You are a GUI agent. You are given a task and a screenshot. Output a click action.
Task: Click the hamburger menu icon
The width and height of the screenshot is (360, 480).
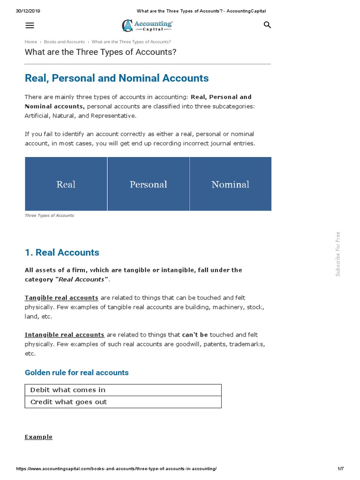click(x=30, y=25)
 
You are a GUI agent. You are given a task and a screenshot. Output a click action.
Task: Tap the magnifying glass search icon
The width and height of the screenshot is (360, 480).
click(x=267, y=25)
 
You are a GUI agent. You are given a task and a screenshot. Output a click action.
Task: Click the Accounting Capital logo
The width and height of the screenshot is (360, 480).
click(x=148, y=25)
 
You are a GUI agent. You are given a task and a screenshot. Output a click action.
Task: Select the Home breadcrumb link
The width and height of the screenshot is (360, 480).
click(x=31, y=42)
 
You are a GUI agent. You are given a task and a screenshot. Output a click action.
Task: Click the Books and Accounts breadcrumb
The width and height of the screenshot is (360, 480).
click(x=65, y=42)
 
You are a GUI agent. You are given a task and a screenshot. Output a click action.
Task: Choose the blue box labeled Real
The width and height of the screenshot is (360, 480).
click(x=66, y=184)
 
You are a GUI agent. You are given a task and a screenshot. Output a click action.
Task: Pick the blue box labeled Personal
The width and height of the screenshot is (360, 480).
click(x=148, y=184)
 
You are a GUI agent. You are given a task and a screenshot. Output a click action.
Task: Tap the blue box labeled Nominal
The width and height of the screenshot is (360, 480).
click(x=230, y=184)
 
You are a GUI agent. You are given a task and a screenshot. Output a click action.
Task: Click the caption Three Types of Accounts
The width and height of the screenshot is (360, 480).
click(x=49, y=216)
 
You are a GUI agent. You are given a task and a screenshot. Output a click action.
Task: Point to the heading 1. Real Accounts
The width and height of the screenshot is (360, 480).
click(x=62, y=253)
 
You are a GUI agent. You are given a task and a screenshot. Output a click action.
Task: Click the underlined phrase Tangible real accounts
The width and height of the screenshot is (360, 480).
click(x=61, y=298)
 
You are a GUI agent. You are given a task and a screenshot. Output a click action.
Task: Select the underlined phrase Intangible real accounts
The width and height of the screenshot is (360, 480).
click(x=64, y=335)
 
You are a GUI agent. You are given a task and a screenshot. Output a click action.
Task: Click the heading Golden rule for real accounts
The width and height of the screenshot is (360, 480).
click(x=76, y=373)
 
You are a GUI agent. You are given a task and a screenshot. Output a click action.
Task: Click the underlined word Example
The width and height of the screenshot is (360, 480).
click(x=38, y=437)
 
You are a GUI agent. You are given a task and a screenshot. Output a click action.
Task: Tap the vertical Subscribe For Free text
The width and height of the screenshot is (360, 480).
click(x=338, y=254)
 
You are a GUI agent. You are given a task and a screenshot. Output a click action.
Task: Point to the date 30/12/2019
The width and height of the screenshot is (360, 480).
click(x=28, y=11)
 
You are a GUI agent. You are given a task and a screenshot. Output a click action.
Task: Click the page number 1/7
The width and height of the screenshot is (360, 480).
click(x=340, y=469)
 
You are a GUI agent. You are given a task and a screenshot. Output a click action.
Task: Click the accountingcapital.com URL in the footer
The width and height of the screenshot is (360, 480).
click(x=117, y=469)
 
